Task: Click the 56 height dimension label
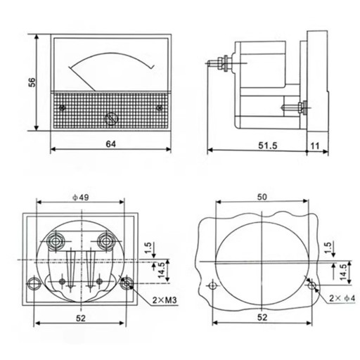click(x=32, y=82)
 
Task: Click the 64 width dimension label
click(x=110, y=144)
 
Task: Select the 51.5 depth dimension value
click(x=268, y=146)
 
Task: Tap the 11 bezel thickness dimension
click(x=315, y=146)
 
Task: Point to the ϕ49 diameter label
click(x=81, y=198)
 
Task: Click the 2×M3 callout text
click(x=165, y=300)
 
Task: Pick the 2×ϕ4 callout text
click(x=342, y=298)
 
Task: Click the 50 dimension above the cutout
click(x=262, y=197)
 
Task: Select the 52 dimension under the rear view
click(x=81, y=318)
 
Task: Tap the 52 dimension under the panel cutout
click(x=262, y=317)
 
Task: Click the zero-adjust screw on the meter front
click(x=111, y=119)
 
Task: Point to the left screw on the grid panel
click(x=62, y=108)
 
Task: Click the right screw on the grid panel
click(x=160, y=108)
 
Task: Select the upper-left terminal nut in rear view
click(x=56, y=240)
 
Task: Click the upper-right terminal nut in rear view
click(x=106, y=240)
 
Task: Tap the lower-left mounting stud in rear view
click(x=34, y=283)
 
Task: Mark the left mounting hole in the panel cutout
click(x=213, y=285)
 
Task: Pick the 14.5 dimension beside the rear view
click(x=162, y=271)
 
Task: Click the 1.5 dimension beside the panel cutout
click(x=328, y=247)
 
